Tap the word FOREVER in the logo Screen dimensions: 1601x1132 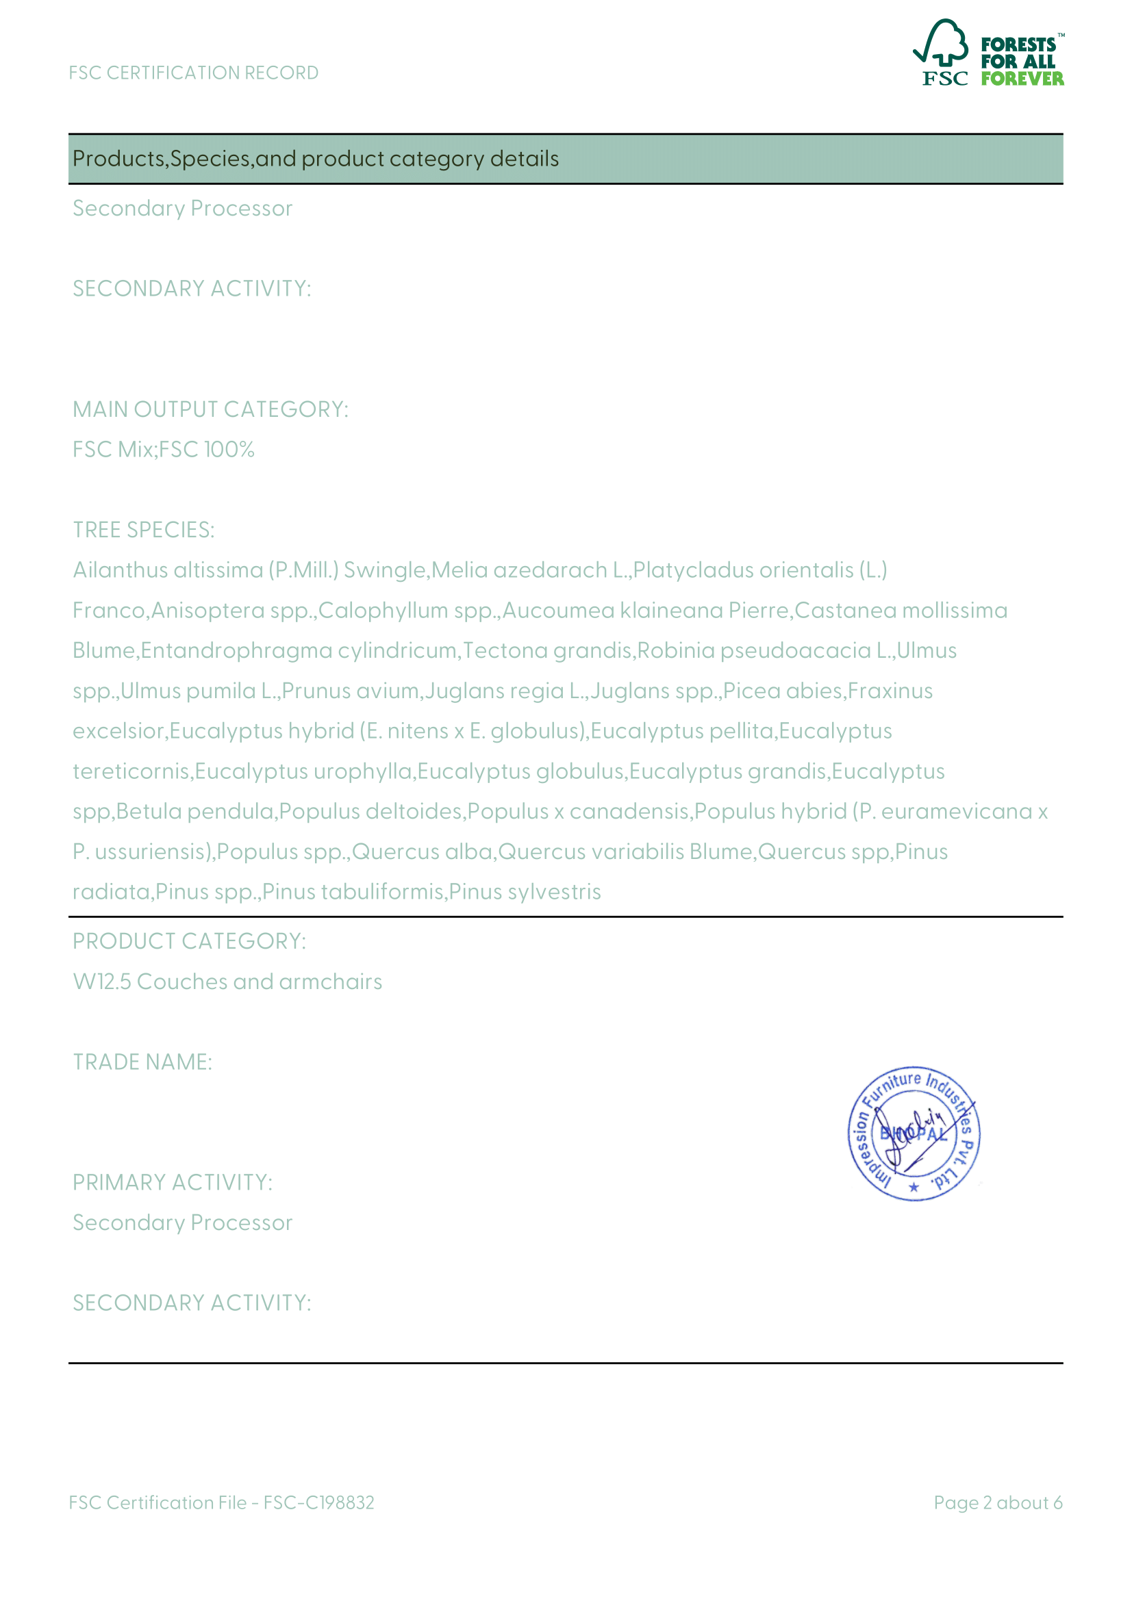1022,79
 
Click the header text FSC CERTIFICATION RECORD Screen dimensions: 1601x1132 193,73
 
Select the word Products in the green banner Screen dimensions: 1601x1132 118,159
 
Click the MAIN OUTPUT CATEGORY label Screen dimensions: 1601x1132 210,409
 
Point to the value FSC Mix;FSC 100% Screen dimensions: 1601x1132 163,450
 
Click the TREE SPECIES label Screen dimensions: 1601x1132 144,530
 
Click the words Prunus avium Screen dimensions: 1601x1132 350,691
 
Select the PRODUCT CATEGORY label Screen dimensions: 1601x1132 189,941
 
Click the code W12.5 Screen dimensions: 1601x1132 102,982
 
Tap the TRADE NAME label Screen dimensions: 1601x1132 142,1062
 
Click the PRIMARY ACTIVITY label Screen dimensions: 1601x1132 173,1183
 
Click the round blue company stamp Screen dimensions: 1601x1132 914,1133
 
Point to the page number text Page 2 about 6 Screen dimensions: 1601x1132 997,1502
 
